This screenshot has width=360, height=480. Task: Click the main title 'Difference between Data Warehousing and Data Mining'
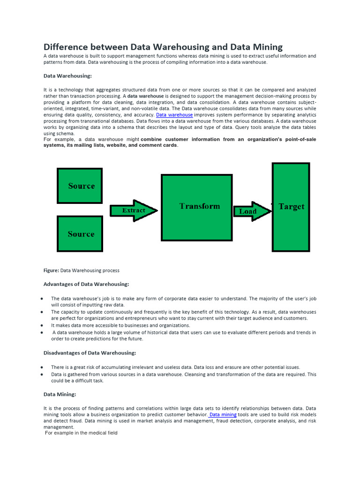[163, 47]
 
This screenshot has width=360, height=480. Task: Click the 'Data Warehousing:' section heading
[67, 75]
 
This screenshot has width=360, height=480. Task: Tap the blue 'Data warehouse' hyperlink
[174, 115]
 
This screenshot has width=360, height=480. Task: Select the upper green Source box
[80, 186]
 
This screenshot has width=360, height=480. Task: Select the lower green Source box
[80, 233]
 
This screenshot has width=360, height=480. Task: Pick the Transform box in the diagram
[196, 207]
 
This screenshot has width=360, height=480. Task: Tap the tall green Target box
[291, 207]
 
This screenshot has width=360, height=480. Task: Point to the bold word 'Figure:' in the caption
[51, 270]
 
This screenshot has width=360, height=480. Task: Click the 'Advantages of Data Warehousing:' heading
[86, 284]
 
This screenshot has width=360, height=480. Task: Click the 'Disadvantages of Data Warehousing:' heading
[90, 353]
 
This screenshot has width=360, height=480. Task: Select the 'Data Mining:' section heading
[60, 395]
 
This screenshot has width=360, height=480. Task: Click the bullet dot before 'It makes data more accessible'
[42, 325]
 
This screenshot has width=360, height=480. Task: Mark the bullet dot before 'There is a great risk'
[42, 367]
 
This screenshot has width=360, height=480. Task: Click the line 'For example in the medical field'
[81, 433]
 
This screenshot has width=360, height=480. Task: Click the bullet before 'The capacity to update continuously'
[42, 312]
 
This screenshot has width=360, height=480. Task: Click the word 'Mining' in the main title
[265, 47]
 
